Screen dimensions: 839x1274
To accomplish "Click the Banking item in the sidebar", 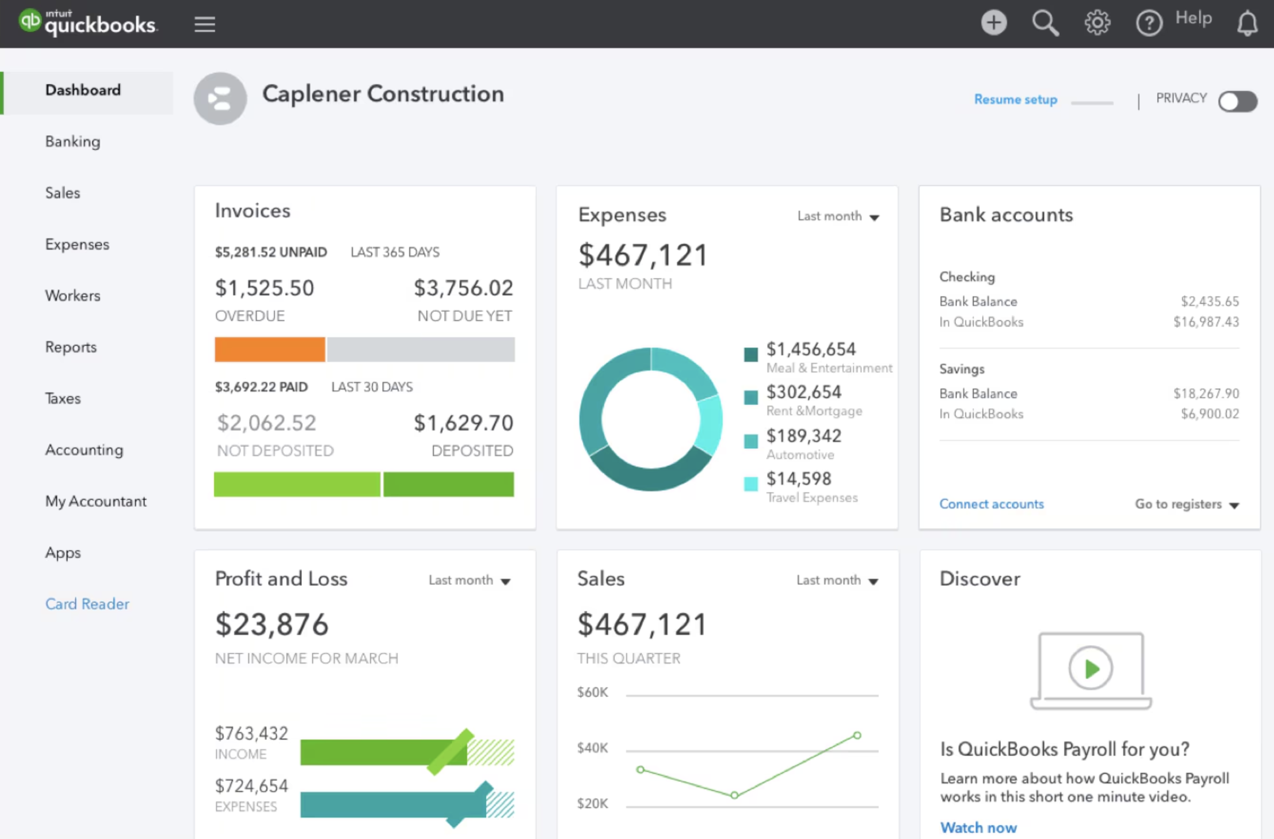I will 72,141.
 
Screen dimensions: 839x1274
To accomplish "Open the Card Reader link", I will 87,604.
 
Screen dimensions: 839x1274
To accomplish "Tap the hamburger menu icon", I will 205,24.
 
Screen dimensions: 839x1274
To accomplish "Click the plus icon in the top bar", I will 993,23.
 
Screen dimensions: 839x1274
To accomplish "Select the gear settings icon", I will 1097,23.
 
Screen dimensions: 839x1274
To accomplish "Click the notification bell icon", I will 1247,24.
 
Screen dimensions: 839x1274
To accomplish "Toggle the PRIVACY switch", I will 1237,101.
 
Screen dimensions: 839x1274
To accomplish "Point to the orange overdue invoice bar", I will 270,350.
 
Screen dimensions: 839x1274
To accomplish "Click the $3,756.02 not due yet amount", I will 463,288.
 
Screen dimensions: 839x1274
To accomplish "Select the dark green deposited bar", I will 449,484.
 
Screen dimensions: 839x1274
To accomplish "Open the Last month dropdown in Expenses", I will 838,216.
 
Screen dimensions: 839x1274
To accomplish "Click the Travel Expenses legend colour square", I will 751,484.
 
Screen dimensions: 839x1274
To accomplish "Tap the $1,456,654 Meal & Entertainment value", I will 811,350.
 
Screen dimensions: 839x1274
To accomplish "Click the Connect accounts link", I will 991,504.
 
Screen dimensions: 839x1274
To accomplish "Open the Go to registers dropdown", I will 1186,504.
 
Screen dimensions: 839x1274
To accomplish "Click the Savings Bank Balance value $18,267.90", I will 1205,393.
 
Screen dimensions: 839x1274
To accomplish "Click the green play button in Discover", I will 1090,668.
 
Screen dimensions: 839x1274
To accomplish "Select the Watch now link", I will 978,827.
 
